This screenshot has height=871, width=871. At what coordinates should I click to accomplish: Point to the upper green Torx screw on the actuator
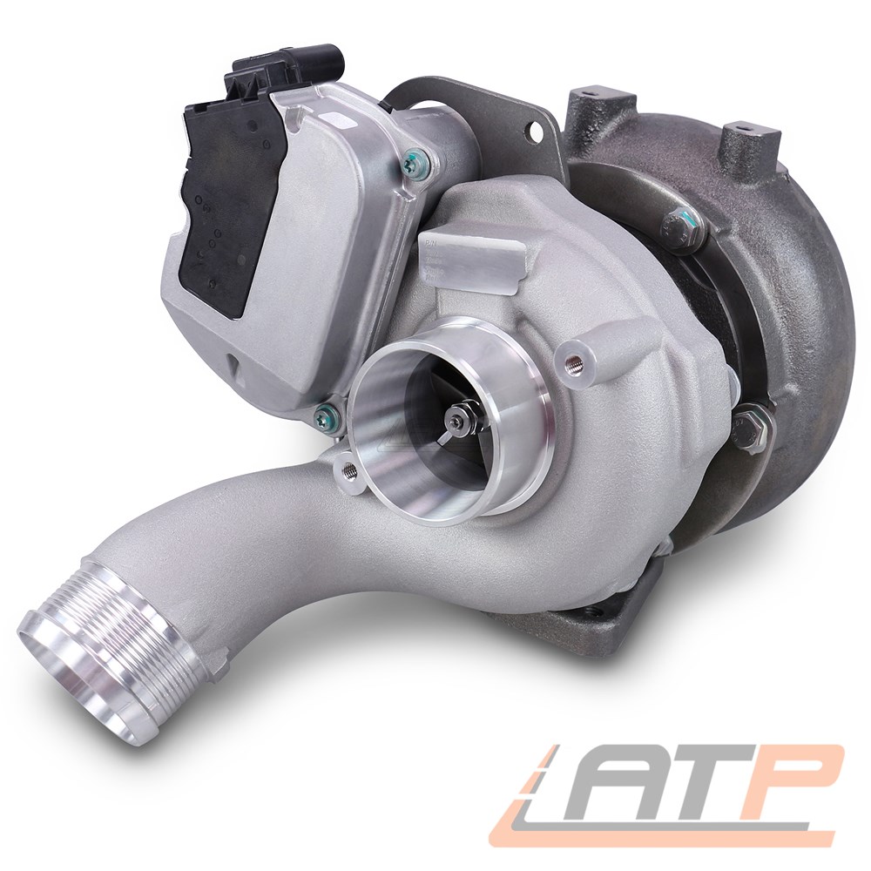(x=413, y=162)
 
